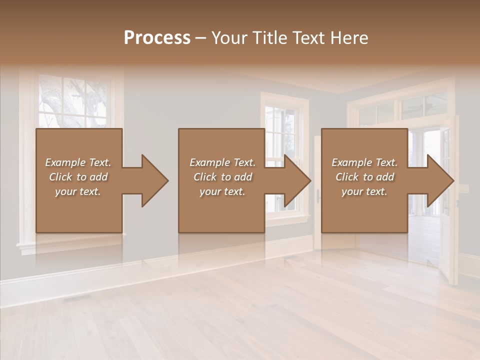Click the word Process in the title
157,37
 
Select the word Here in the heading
348,37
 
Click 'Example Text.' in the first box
78,162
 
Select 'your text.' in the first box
78,191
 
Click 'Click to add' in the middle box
222,177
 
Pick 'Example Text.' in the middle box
222,162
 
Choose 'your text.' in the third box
364,191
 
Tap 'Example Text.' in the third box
364,162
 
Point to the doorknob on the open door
318,196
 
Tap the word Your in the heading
229,37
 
